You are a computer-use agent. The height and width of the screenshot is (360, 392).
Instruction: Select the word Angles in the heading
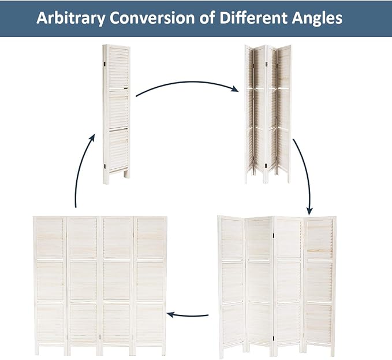[317, 18]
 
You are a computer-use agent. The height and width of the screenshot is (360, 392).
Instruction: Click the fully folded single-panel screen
[116, 114]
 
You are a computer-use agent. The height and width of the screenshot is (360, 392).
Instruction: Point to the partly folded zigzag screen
[268, 114]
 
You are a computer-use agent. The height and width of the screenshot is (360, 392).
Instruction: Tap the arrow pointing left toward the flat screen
[188, 315]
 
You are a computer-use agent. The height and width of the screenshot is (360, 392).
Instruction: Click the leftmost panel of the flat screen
[50, 285]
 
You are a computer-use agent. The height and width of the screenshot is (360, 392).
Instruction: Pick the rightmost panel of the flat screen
[150, 285]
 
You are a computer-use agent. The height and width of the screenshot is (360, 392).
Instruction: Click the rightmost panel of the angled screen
[320, 285]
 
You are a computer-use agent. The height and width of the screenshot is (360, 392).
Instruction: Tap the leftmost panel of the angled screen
[232, 287]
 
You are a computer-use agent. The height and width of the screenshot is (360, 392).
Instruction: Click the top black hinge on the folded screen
[104, 64]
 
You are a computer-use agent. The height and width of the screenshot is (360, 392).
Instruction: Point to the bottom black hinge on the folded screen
[104, 166]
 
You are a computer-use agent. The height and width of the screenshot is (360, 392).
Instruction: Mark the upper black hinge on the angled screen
[274, 236]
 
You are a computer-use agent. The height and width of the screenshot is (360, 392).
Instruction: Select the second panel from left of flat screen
[83, 285]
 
